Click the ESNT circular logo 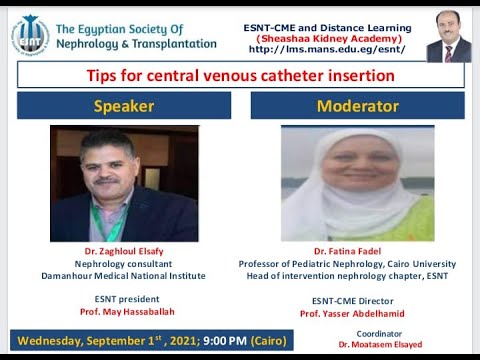pyautogui.click(x=29, y=35)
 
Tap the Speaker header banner pyautogui.click(x=124, y=106)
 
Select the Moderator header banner pyautogui.click(x=357, y=106)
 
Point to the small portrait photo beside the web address pyautogui.click(x=448, y=37)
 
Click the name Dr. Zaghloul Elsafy pyautogui.click(x=124, y=251)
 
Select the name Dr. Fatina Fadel pyautogui.click(x=357, y=251)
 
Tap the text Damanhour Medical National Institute pyautogui.click(x=124, y=274)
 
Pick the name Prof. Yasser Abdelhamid pyautogui.click(x=357, y=312)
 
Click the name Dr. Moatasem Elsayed pyautogui.click(x=379, y=344)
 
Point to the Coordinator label pyautogui.click(x=379, y=333)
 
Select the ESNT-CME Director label pyautogui.click(x=357, y=300)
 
